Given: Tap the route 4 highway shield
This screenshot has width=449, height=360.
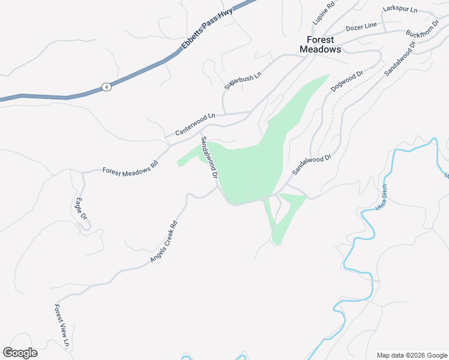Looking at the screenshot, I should [x=106, y=86].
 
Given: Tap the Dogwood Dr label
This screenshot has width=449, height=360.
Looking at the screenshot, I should [x=348, y=82].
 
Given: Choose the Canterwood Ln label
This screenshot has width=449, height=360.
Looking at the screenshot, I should [x=194, y=124].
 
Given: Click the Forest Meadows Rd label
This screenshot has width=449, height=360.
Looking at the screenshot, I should [x=130, y=170].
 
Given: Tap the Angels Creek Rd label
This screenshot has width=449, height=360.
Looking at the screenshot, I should [x=164, y=242].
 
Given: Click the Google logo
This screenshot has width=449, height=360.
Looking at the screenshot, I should [x=20, y=353].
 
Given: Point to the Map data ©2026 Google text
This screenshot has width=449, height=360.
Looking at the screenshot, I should [x=412, y=355].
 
